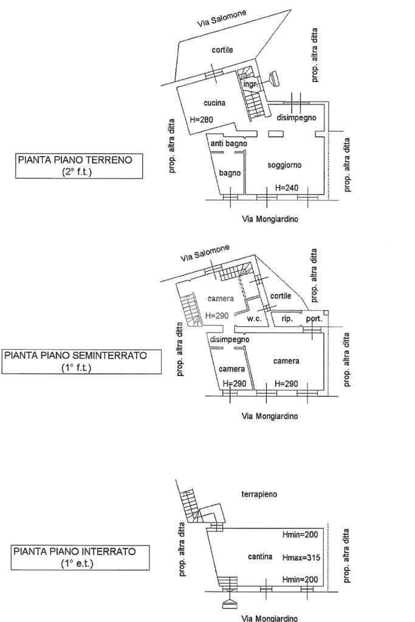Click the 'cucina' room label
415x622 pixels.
point(214,103)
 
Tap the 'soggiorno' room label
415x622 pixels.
point(284,165)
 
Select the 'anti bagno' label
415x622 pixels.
point(228,144)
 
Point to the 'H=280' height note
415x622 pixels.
point(201,120)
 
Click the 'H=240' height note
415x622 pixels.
point(287,188)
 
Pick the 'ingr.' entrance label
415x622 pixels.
point(251,84)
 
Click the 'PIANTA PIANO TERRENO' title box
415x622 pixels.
point(79,166)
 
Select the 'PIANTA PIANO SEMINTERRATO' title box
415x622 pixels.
point(82,361)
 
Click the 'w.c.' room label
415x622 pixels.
point(253,320)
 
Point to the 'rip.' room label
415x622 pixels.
point(287,319)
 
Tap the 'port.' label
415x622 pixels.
point(314,319)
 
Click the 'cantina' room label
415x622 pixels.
point(260,557)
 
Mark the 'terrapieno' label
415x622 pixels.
point(259,494)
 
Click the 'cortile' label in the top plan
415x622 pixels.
point(222,50)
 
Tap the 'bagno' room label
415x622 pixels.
point(230,173)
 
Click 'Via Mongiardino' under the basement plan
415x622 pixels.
point(270,618)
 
